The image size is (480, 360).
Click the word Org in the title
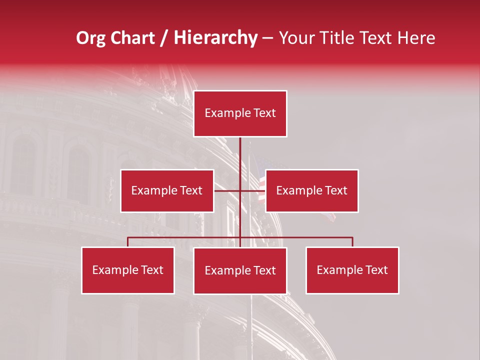91,38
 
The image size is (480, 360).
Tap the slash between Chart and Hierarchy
164,38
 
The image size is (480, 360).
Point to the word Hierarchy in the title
215,38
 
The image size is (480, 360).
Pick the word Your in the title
296,38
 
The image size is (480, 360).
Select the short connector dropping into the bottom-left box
128,242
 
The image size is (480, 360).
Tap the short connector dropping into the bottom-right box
352,242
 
